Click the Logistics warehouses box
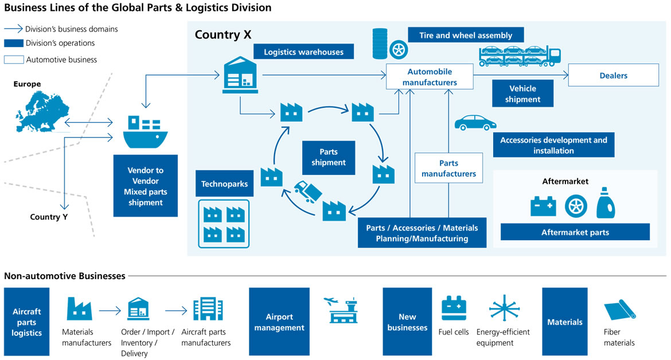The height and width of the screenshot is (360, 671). point(303,52)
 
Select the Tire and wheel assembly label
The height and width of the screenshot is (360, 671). point(465,35)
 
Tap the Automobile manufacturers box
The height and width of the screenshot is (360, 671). point(430,77)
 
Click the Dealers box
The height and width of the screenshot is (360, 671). point(613,75)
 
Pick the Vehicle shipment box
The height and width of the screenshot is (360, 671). point(522,93)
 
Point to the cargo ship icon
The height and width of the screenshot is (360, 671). point(146,131)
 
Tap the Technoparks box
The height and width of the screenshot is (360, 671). point(224,184)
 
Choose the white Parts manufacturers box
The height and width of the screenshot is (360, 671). point(448,168)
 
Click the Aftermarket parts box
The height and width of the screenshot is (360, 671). point(575,232)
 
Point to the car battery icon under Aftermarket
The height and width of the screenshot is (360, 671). point(543,206)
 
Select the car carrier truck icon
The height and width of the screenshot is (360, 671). point(520,56)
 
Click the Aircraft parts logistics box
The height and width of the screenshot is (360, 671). point(27,322)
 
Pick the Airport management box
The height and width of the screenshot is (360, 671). point(279,322)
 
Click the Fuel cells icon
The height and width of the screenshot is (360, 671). point(454,308)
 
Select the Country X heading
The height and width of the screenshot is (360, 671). point(223,34)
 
